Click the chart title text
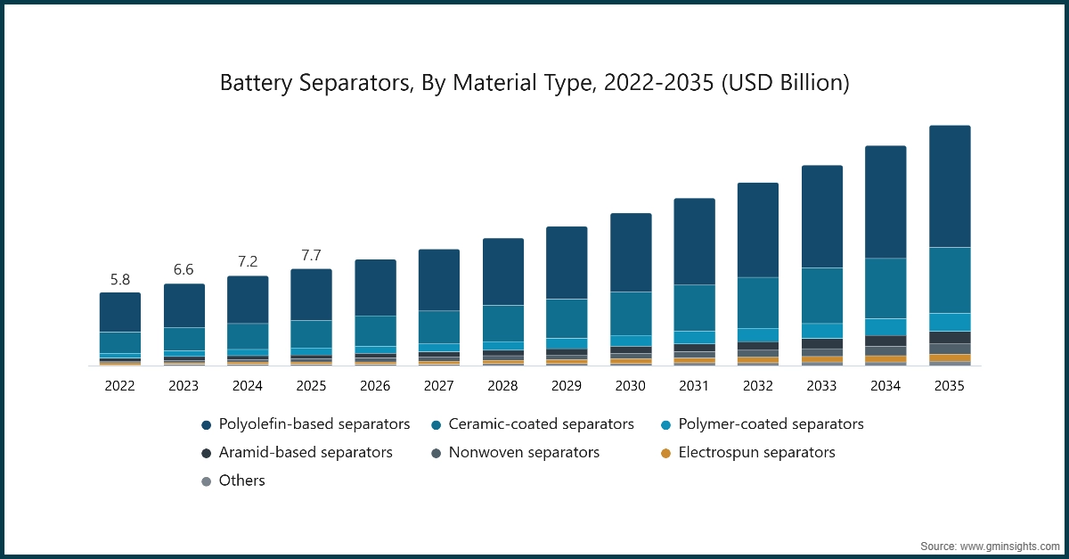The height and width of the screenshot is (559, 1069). click(x=534, y=83)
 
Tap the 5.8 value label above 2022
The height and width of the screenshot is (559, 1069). click(x=119, y=279)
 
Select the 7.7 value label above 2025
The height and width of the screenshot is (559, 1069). click(x=311, y=256)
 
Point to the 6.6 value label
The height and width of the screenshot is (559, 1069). click(x=184, y=270)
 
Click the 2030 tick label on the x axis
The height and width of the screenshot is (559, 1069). click(x=630, y=386)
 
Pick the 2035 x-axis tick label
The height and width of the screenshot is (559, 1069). click(x=949, y=386)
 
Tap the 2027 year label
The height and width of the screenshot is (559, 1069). click(x=438, y=386)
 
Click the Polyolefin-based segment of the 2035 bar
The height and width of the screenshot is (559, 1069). click(x=950, y=185)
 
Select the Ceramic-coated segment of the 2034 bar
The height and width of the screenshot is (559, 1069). click(x=885, y=288)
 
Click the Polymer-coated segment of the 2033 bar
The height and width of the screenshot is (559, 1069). click(x=821, y=330)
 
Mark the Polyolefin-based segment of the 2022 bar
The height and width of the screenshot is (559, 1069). click(x=119, y=312)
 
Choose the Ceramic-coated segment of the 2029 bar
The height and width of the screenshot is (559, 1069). click(x=567, y=318)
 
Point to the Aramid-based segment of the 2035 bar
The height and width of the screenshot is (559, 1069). click(x=950, y=337)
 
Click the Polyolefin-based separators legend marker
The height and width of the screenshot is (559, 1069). click(x=207, y=424)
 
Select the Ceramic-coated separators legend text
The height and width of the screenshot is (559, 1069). click(x=541, y=424)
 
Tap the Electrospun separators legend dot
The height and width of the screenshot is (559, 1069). click(x=665, y=453)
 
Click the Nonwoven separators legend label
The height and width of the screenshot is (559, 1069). click(x=524, y=453)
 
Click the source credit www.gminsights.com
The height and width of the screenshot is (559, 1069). click(x=989, y=545)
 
